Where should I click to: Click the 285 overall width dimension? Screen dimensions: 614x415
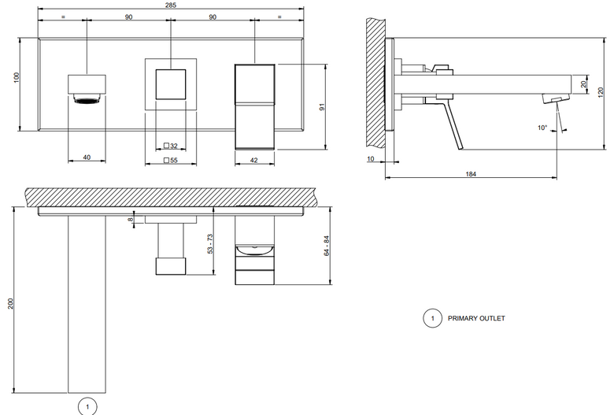(x=171, y=5)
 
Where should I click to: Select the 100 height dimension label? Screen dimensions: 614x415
(x=16, y=77)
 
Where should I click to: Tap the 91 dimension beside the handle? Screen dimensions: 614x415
(x=322, y=106)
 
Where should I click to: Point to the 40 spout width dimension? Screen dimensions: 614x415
(x=87, y=157)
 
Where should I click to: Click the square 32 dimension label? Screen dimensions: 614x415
(x=170, y=146)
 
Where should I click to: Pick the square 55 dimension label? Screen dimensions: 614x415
(x=170, y=160)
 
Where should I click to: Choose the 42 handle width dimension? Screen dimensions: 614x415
(x=253, y=160)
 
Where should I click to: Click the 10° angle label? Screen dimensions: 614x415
(x=542, y=128)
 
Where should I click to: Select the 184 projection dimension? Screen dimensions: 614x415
(x=471, y=174)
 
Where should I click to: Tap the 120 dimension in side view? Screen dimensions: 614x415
(x=601, y=93)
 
